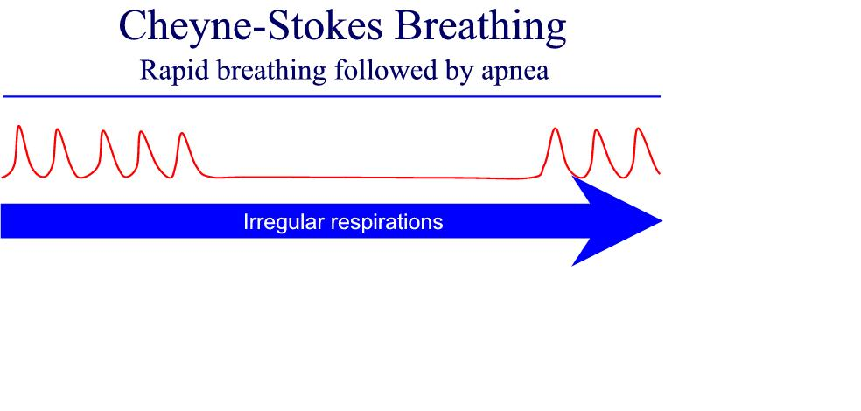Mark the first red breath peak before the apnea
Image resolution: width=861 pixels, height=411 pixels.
pyautogui.click(x=19, y=128)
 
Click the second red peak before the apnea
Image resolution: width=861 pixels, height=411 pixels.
pyautogui.click(x=56, y=130)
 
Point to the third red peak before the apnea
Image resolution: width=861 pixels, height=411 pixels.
pyautogui.click(x=102, y=132)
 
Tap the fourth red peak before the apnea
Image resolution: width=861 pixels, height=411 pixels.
pyautogui.click(x=142, y=133)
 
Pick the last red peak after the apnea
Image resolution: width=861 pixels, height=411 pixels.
pyautogui.click(x=638, y=129)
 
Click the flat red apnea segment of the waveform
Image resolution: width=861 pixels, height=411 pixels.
pyautogui.click(x=374, y=178)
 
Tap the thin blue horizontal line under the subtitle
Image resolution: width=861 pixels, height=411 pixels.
pyautogui.click(x=332, y=96)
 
